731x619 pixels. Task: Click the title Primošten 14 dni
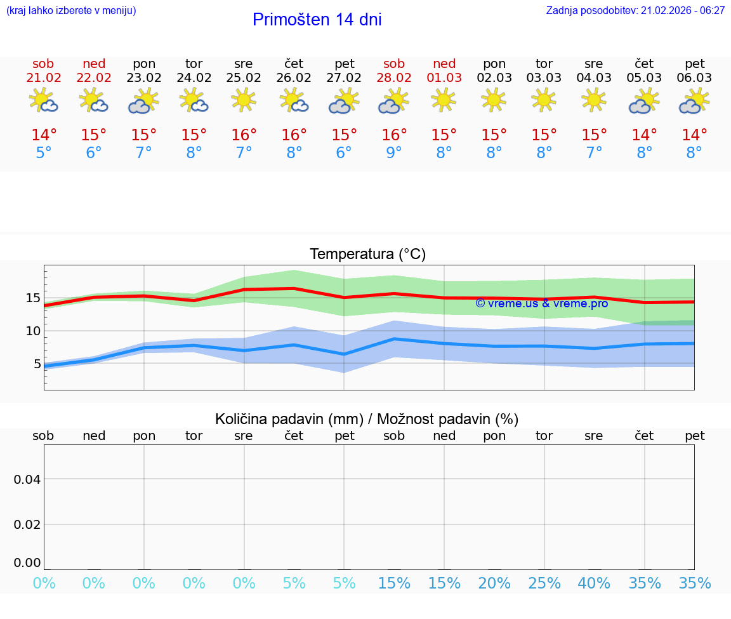pos(317,20)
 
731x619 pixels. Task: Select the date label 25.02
pos(244,77)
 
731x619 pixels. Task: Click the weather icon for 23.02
pos(143,101)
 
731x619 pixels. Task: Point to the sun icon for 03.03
pos(544,100)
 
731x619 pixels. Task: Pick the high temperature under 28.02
pos(394,135)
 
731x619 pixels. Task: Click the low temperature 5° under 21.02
pos(44,153)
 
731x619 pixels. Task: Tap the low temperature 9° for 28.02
pos(394,153)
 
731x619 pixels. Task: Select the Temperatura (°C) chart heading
pos(367,255)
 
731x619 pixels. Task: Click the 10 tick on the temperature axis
pos(33,331)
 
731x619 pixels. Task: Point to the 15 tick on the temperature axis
pos(33,298)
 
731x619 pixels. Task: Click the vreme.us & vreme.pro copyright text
pos(541,303)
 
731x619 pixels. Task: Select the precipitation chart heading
pos(367,419)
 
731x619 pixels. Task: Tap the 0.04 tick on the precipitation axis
pos(27,479)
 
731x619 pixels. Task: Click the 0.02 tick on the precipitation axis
pos(27,524)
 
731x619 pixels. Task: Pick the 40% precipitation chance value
pos(594,583)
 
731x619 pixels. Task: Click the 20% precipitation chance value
pos(494,583)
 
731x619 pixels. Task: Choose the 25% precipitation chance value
pos(544,583)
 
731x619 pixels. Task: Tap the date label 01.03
pos(444,77)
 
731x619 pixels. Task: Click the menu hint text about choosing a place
pos(71,10)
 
